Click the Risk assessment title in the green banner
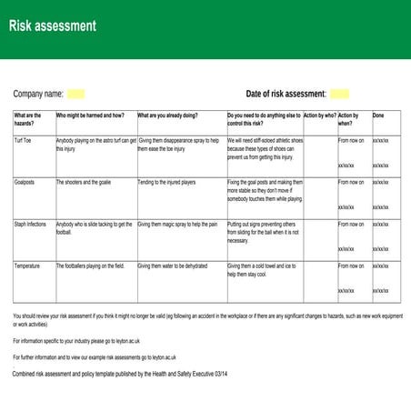[52, 25]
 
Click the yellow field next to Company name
[76, 94]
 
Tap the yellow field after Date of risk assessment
[339, 94]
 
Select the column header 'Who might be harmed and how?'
[90, 115]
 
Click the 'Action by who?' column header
[319, 115]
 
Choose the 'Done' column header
[378, 115]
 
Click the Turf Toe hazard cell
[23, 141]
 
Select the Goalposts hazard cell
[25, 182]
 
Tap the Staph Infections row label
[30, 224]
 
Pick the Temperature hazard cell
[27, 266]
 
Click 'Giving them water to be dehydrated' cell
[173, 266]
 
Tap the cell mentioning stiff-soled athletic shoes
[265, 148]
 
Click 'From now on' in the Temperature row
[351, 266]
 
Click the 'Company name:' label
[38, 94]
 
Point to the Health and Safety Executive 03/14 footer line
[107, 374]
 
